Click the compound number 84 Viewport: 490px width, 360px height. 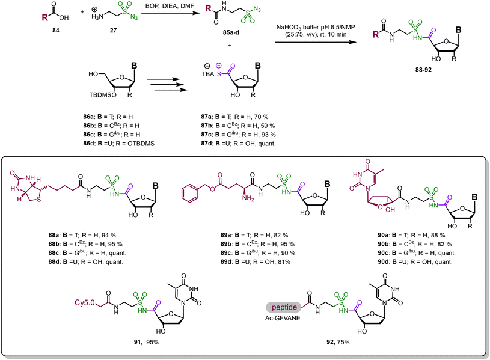[56, 30]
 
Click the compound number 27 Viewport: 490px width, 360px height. [113, 30]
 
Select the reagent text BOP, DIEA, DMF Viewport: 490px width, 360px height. [170, 6]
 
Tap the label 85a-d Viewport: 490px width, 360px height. [231, 32]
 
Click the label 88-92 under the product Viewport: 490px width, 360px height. [423, 70]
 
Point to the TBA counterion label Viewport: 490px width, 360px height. [208, 74]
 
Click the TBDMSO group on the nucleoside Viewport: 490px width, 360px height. [103, 94]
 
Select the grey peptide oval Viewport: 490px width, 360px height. [284, 307]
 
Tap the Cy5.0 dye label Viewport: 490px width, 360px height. [84, 302]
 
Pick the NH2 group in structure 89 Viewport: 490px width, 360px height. [248, 198]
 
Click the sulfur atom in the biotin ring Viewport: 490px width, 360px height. [38, 199]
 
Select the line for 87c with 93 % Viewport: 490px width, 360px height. [239, 135]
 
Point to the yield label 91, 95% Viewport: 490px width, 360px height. [147, 342]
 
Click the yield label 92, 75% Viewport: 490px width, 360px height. [338, 342]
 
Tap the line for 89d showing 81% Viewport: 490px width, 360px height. [256, 261]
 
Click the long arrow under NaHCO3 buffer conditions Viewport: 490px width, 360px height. [316, 42]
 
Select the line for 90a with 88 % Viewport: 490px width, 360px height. [411, 235]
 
